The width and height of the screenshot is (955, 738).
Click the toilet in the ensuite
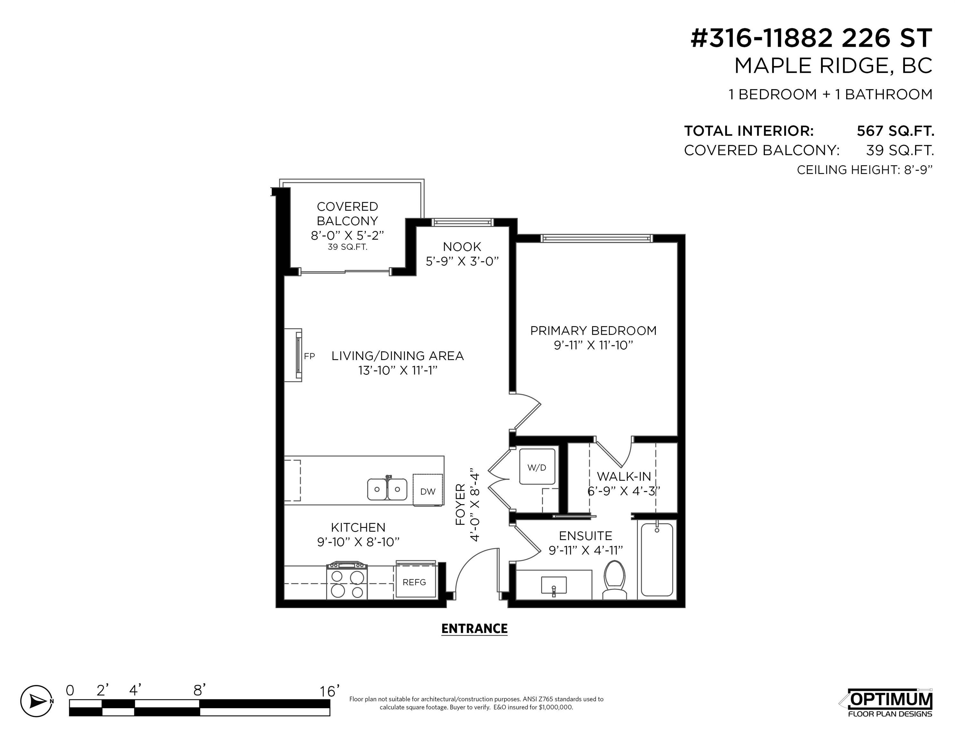[614, 580]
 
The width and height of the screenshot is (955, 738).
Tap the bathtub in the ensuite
[657, 560]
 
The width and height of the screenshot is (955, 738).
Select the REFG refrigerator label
[414, 582]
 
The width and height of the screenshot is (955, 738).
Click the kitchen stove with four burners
[347, 581]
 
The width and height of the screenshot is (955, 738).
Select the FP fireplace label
[309, 356]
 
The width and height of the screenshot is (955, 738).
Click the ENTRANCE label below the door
[474, 629]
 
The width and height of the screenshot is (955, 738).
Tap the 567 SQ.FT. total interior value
[895, 131]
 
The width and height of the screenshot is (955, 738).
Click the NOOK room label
[462, 247]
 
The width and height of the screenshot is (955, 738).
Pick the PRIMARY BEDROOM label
[593, 331]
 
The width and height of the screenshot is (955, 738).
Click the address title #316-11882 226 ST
[811, 38]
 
